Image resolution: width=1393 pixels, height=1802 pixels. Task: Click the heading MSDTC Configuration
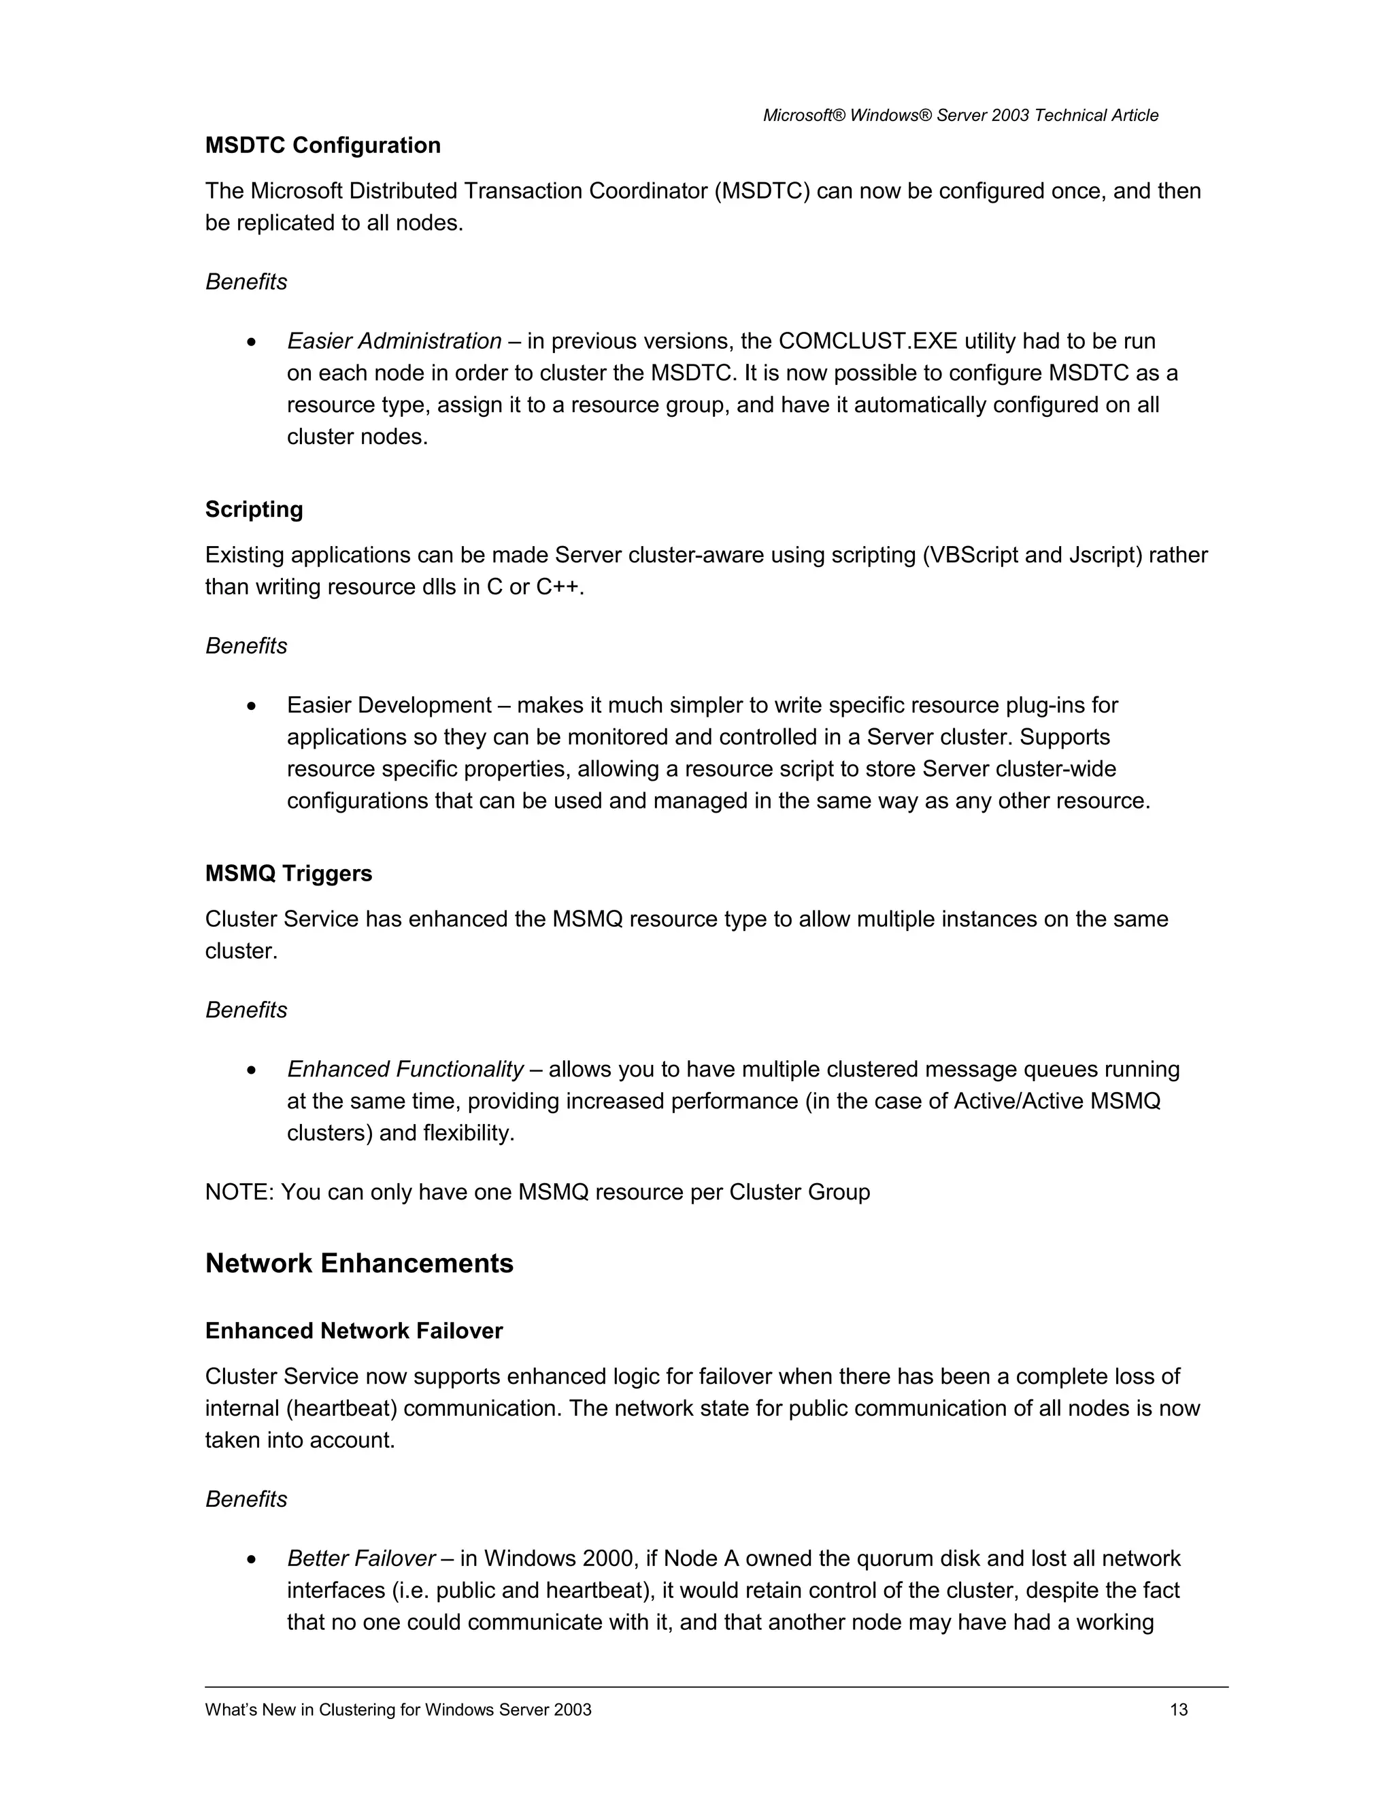(322, 146)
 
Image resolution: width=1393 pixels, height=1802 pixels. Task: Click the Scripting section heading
(254, 509)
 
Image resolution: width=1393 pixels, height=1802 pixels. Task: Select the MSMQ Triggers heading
(289, 873)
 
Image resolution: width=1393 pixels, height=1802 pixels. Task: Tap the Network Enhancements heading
(359, 1263)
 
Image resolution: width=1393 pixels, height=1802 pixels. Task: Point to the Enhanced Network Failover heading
(354, 1331)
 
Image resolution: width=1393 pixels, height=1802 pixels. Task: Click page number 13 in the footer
(1179, 1710)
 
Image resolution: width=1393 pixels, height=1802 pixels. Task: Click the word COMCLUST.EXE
(867, 341)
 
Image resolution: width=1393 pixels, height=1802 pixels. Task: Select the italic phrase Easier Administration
(394, 341)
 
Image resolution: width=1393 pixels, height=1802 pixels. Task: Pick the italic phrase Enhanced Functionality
(405, 1070)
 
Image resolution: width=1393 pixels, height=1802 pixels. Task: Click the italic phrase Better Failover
(360, 1559)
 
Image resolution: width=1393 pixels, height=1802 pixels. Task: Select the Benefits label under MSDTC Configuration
(246, 282)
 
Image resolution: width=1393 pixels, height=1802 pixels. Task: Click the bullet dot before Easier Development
(252, 707)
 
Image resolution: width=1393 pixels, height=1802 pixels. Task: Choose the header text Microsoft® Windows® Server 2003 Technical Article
(960, 116)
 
